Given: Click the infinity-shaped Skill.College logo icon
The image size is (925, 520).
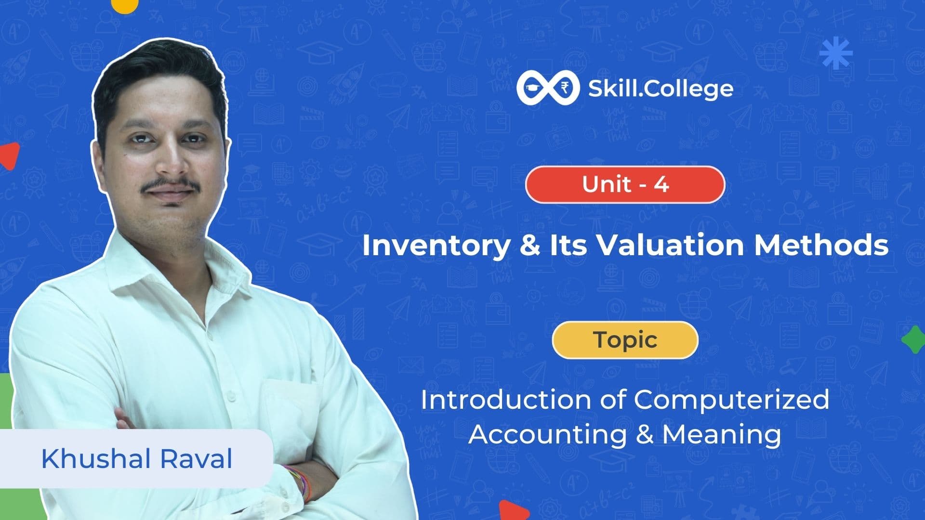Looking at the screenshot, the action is pos(548,88).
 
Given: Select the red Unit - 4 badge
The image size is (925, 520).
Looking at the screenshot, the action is pos(625,184).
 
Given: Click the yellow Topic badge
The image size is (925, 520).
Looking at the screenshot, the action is pos(625,340).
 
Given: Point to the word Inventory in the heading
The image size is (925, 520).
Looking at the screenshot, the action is pos(436,245).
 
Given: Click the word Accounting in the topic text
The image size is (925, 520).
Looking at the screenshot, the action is pos(547,435).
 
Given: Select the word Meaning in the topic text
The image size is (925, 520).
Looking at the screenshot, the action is pos(722,435).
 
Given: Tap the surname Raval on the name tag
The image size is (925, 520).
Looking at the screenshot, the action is pos(196,458).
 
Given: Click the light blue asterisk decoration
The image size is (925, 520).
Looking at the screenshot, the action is pos(836,53).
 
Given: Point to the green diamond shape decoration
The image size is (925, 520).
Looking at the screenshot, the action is pos(913,339).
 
